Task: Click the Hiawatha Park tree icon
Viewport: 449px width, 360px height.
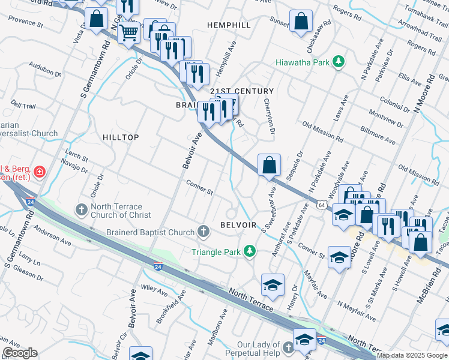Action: [x=339, y=62]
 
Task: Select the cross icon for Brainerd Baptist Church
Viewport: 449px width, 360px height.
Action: [x=203, y=232]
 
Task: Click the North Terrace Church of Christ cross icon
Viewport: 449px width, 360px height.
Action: [x=81, y=210]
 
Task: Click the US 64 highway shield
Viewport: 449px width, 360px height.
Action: [x=322, y=205]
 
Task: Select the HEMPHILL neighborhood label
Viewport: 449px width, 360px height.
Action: [x=228, y=25]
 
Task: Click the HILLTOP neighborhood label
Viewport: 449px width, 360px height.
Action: [x=121, y=137]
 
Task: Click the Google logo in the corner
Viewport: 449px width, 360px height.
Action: [x=20, y=353]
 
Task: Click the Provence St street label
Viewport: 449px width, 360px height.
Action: [x=25, y=23]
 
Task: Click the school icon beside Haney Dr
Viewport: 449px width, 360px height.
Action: [x=273, y=284]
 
